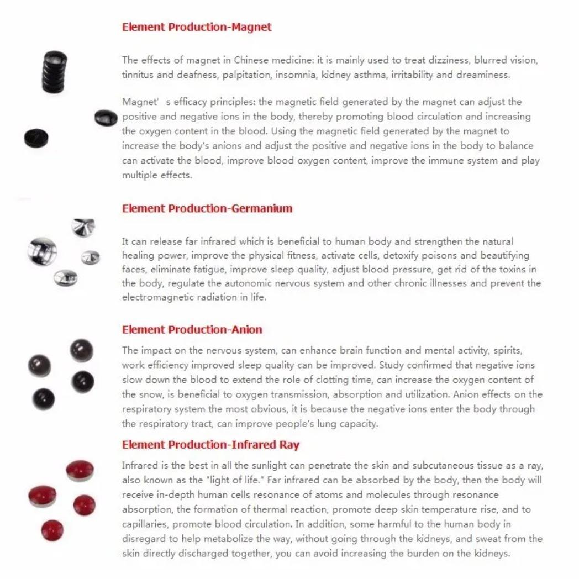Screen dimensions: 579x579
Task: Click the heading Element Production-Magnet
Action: coord(197,27)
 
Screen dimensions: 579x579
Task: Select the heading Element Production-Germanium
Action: coord(207,208)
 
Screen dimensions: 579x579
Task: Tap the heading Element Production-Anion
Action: coord(192,330)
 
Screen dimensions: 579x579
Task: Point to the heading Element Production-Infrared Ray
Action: coord(210,445)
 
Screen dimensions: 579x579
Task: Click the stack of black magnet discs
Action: coord(55,72)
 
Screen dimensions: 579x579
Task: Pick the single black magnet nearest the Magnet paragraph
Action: coord(106,117)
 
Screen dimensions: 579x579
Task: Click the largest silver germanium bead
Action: coord(42,251)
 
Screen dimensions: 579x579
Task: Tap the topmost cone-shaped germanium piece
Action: coord(83,227)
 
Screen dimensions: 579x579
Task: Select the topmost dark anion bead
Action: coord(81,350)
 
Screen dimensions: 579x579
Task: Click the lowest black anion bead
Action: coord(43,399)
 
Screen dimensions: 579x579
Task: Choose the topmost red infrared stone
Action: coord(80,470)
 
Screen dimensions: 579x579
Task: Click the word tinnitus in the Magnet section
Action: coord(139,75)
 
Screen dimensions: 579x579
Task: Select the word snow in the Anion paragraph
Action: coord(148,394)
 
